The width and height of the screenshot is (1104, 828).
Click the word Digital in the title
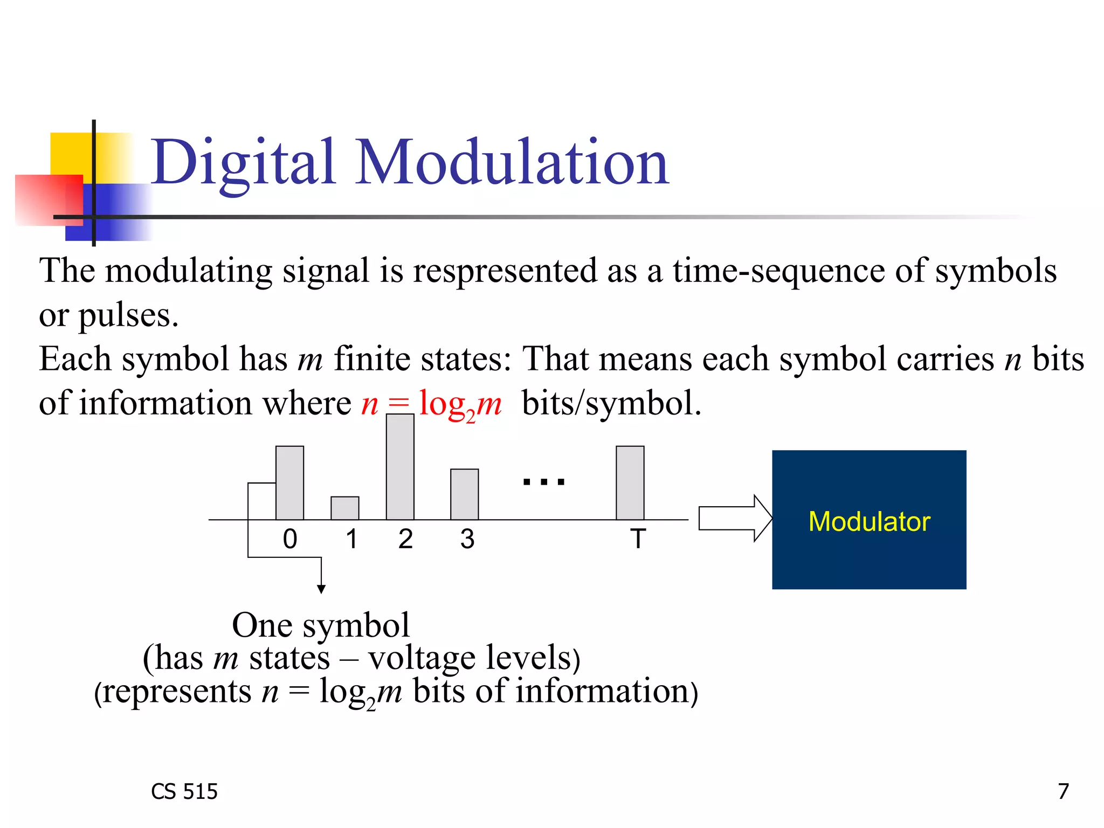pyautogui.click(x=243, y=162)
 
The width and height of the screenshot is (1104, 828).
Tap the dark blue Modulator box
pyautogui.click(x=868, y=520)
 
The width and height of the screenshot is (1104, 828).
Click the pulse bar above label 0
pyautogui.click(x=289, y=483)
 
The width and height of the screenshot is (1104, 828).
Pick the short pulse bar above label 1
pyautogui.click(x=344, y=508)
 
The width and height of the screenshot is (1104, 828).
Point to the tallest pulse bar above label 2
pyautogui.click(x=400, y=467)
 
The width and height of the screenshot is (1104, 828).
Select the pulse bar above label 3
pyautogui.click(x=464, y=494)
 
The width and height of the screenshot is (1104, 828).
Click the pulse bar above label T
pyautogui.click(x=630, y=483)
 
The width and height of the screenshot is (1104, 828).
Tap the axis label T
pyautogui.click(x=638, y=539)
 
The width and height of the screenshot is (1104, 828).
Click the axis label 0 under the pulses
pyautogui.click(x=289, y=539)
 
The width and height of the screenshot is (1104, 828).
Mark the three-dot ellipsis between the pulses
pyautogui.click(x=544, y=481)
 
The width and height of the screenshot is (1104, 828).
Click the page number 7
pyautogui.click(x=1062, y=791)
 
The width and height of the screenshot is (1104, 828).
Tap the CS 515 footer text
pyautogui.click(x=184, y=791)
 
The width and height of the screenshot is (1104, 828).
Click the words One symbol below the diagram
pyautogui.click(x=320, y=625)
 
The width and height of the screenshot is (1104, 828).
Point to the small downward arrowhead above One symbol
pyautogui.click(x=321, y=589)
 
